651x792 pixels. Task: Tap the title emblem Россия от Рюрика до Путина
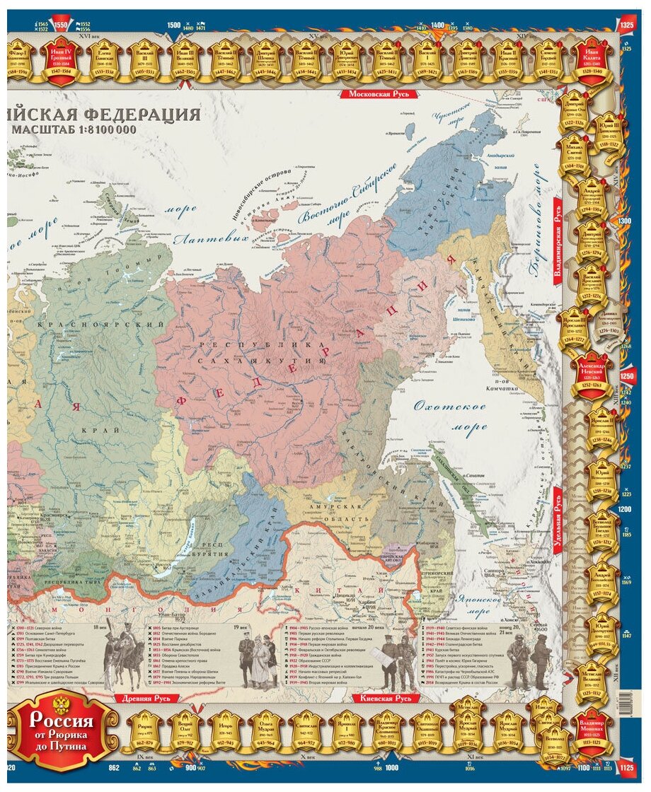[62, 728]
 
